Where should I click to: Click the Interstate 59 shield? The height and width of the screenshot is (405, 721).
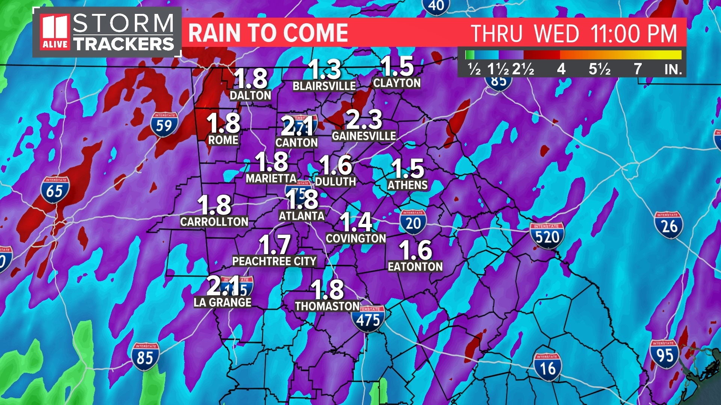[164, 125]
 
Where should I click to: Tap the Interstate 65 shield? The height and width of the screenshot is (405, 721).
[55, 190]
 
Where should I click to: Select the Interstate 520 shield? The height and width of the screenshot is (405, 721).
[547, 236]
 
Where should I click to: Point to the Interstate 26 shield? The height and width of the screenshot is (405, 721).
[668, 225]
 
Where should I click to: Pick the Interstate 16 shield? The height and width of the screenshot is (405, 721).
[548, 367]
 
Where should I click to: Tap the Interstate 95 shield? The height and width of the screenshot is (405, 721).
[664, 354]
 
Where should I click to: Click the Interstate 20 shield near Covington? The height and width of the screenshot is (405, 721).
[413, 222]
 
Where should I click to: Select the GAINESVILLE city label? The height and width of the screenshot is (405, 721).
[364, 136]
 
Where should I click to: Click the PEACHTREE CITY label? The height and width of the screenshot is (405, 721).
[274, 261]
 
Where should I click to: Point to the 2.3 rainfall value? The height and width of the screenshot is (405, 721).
[364, 119]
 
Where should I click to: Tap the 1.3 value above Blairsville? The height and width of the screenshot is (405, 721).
[324, 69]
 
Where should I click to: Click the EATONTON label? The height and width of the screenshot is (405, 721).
[415, 267]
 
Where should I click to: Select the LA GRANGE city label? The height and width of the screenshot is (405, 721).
[222, 302]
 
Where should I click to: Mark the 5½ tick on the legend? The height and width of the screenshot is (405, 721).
[599, 69]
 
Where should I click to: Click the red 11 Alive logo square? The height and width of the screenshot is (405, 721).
[55, 32]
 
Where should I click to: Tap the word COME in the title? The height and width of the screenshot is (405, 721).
[315, 33]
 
